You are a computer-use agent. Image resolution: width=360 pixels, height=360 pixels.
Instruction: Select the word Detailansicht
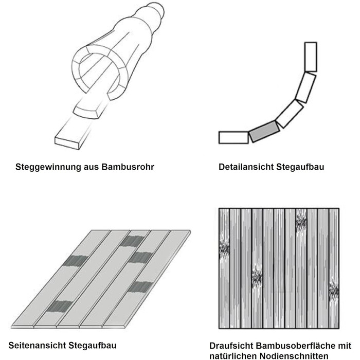click(246, 167)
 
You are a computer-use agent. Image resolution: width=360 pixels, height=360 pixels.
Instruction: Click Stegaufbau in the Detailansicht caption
click(300, 167)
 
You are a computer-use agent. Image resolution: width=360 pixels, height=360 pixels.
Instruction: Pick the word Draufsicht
click(231, 345)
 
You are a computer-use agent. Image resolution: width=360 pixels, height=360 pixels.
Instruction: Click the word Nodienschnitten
click(294, 356)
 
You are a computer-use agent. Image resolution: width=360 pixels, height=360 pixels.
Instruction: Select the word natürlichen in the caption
click(233, 356)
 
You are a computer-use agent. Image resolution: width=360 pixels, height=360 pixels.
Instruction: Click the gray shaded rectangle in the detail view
click(264, 131)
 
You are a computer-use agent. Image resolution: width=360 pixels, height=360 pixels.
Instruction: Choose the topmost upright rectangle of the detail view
click(311, 57)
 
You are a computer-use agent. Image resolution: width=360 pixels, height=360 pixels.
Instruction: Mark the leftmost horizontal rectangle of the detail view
click(233, 137)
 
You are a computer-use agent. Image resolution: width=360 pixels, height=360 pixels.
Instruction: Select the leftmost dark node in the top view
click(224, 248)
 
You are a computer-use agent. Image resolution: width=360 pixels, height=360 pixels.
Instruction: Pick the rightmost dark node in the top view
click(334, 291)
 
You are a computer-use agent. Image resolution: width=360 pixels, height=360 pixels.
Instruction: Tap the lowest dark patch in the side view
click(59, 307)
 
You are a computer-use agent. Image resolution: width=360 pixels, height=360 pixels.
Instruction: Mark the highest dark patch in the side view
click(132, 241)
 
